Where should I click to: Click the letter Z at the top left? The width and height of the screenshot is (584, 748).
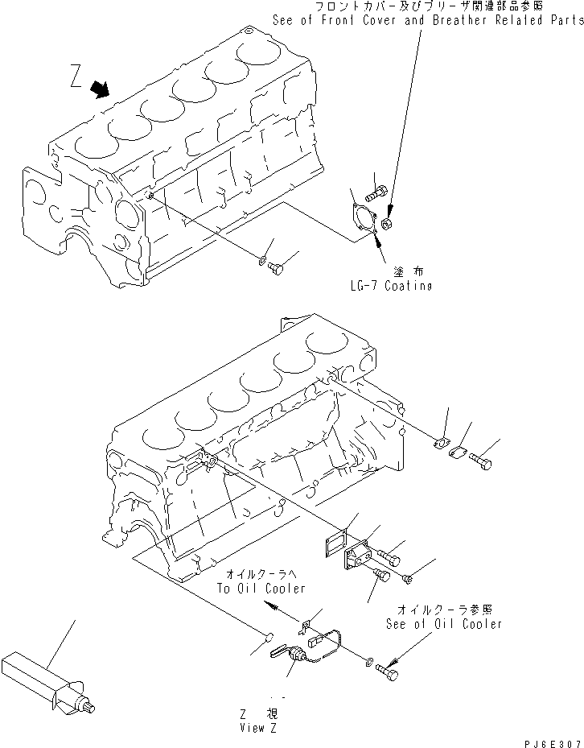pos(75,77)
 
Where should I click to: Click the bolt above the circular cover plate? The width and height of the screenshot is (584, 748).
pos(377,193)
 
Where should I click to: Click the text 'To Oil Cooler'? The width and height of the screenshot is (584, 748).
pos(261,588)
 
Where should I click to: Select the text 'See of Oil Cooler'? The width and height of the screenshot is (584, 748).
pos(443,623)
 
